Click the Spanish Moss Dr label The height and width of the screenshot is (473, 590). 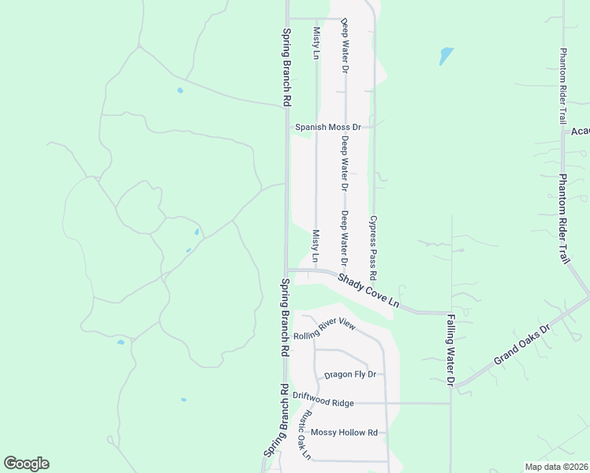pyautogui.click(x=327, y=127)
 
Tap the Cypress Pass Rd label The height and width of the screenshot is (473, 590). pyautogui.click(x=373, y=248)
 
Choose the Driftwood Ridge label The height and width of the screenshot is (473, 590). pyautogui.click(x=323, y=402)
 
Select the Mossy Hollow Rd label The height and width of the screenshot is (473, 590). pyautogui.click(x=345, y=432)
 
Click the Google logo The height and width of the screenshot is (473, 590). pyautogui.click(x=26, y=464)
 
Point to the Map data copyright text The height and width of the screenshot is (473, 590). pyautogui.click(x=557, y=467)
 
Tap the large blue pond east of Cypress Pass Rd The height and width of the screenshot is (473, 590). pyautogui.click(x=446, y=56)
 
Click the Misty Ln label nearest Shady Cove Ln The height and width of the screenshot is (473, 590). pyautogui.click(x=316, y=246)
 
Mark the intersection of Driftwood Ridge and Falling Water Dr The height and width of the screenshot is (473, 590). pyautogui.click(x=450, y=403)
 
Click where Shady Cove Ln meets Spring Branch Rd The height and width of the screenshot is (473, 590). pyautogui.click(x=286, y=270)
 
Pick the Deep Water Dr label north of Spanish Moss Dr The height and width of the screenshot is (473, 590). pyautogui.click(x=345, y=46)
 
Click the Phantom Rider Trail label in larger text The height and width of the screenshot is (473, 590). pyautogui.click(x=565, y=218)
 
